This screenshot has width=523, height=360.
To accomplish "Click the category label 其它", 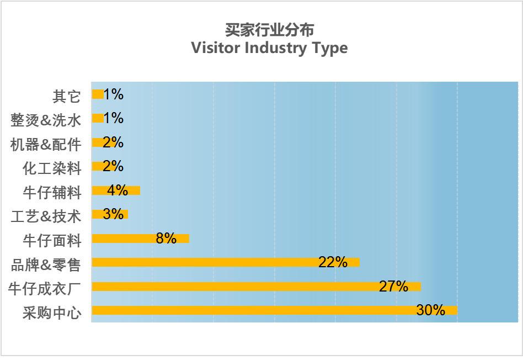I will (67, 97).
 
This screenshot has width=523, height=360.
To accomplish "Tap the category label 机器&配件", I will (46, 145).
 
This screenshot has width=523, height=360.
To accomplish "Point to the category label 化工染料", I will (52, 168).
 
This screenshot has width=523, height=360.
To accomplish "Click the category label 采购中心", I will (52, 314).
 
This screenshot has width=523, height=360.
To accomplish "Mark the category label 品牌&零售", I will (46, 265).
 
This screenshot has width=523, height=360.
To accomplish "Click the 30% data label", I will (430, 310).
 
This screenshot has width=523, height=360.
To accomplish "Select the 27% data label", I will (393, 287).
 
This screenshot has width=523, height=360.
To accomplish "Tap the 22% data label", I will (333, 262).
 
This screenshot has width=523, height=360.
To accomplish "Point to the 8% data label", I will (166, 239).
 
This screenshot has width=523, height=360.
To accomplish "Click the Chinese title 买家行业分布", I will (269, 29).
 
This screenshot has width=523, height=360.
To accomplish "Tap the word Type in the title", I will (329, 48).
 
